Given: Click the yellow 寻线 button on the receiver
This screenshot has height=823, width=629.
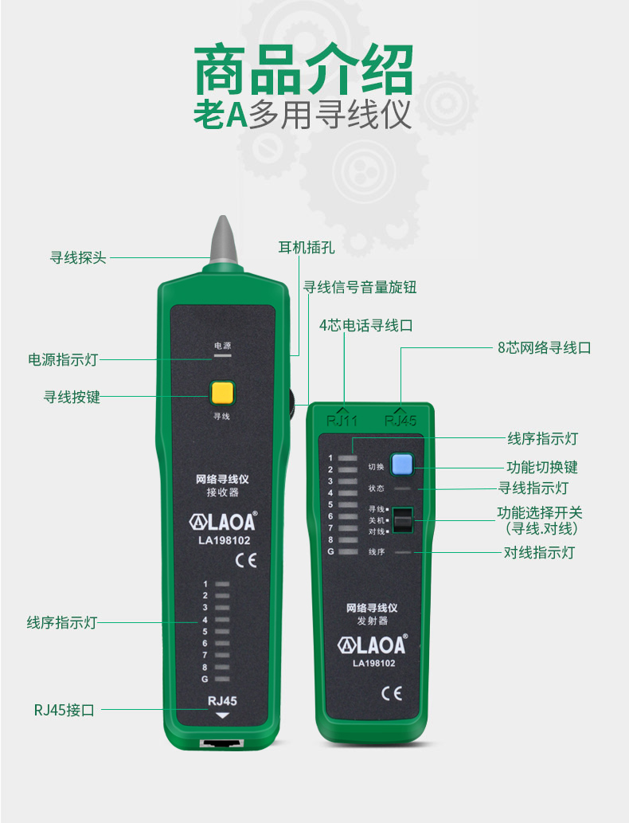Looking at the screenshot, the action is pyautogui.click(x=222, y=393).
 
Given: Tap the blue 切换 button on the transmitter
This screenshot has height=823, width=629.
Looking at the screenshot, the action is pyautogui.click(x=402, y=464).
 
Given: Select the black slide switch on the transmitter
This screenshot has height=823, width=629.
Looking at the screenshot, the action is pyautogui.click(x=403, y=520).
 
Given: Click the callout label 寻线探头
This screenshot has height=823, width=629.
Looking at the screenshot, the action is pyautogui.click(x=78, y=257).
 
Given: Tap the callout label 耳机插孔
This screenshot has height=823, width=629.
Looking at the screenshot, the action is pyautogui.click(x=307, y=247).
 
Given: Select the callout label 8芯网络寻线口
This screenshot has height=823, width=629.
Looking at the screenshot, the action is pyautogui.click(x=544, y=347).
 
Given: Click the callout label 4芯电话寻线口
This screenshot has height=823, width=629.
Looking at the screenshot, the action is pyautogui.click(x=365, y=325).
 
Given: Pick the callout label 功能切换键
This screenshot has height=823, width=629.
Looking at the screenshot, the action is pyautogui.click(x=542, y=467).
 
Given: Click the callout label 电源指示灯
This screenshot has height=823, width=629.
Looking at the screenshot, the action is pyautogui.click(x=63, y=359).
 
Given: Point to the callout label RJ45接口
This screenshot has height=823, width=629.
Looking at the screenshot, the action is pyautogui.click(x=64, y=710).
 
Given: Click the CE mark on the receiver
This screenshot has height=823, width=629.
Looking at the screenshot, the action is pyautogui.click(x=245, y=560).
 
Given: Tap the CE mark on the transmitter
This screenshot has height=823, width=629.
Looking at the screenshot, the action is pyautogui.click(x=392, y=693).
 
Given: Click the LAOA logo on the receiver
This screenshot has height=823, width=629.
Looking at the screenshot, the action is pyautogui.click(x=223, y=522).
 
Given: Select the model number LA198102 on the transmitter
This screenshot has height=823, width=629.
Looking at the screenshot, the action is pyautogui.click(x=374, y=664).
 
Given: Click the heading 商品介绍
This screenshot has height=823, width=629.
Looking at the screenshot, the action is pyautogui.click(x=303, y=70).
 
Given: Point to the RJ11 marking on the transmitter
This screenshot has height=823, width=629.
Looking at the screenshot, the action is pyautogui.click(x=342, y=421).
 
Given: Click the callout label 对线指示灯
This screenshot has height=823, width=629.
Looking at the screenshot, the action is pyautogui.click(x=539, y=552).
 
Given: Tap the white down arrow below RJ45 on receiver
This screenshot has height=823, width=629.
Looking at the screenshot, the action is pyautogui.click(x=222, y=715).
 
